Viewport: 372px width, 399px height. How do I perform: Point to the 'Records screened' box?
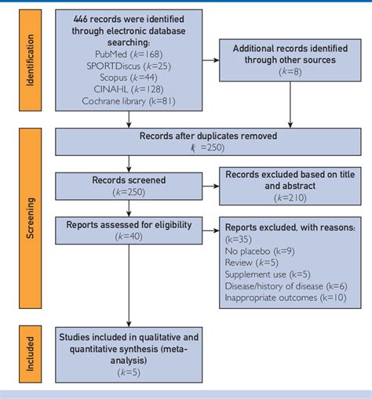pyautogui.click(x=129, y=185)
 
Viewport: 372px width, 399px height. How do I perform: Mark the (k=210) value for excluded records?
pyautogui.click(x=290, y=198)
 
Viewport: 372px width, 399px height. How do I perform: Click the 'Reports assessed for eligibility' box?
pyautogui.click(x=129, y=230)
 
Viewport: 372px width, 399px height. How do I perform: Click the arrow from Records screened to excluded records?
pyautogui.click(x=212, y=185)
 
